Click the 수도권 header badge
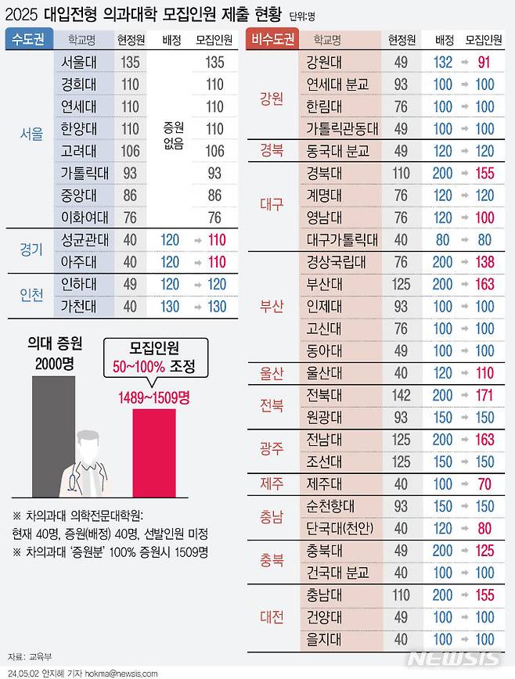pyautogui.click(x=28, y=38)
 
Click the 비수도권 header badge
pyautogui.click(x=270, y=38)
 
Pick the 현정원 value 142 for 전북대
pyautogui.click(x=401, y=396)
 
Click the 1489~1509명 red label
pyautogui.click(x=155, y=398)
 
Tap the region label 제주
pyautogui.click(x=271, y=484)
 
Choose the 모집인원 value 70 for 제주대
pyautogui.click(x=484, y=484)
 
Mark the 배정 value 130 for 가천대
pyautogui.click(x=170, y=307)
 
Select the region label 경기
pyautogui.click(x=31, y=250)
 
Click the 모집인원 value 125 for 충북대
pyautogui.click(x=484, y=551)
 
